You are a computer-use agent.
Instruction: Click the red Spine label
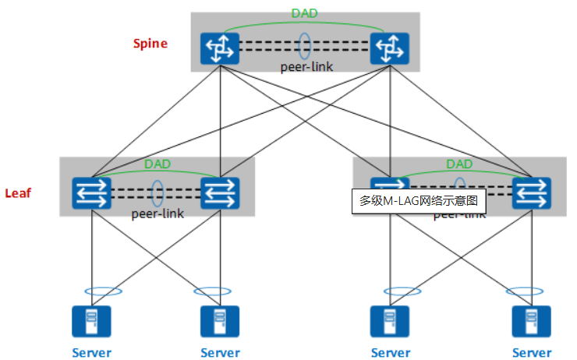pos(150,44)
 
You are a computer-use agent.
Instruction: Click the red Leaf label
pos(18,192)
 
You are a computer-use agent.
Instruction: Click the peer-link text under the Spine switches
pos(306,67)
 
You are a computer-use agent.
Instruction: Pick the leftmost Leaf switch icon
pos(93,192)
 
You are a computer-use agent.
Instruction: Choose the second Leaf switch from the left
pos(220,192)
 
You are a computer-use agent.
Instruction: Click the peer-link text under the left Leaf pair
pos(158,213)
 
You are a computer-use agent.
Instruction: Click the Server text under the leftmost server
pos(92,352)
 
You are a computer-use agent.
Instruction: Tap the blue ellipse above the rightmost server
pos(525,291)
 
